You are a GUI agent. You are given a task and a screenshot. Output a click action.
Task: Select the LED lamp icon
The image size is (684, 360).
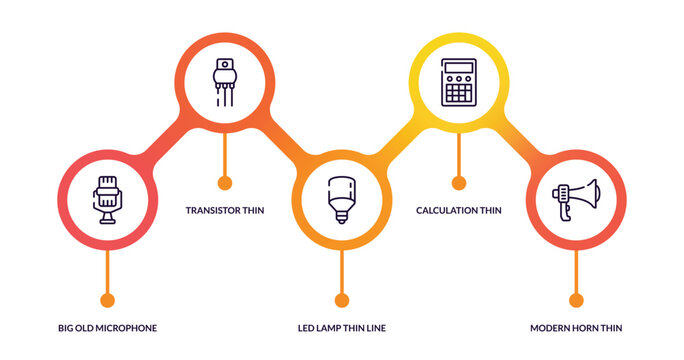pos(341,198)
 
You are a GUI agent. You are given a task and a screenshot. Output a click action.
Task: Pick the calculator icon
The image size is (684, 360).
pos(459,81)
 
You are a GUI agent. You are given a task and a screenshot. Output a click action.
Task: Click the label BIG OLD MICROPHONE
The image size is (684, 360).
pos(108,328)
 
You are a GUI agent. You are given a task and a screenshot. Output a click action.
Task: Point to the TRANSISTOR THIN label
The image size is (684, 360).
pos(225,211)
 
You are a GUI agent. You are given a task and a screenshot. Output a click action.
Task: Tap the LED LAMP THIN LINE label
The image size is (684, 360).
pos(342,328)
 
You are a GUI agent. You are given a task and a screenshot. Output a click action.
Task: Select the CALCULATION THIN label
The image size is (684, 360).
pos(459,211)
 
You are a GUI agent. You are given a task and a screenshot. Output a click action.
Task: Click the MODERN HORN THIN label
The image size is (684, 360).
pos(576,328)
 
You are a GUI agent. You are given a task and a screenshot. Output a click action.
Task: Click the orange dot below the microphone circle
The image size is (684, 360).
pos(108,300)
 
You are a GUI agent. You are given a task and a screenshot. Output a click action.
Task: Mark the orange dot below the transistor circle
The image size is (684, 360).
pos(225,183)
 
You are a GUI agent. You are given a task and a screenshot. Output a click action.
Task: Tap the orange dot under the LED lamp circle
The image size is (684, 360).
pos(342,300)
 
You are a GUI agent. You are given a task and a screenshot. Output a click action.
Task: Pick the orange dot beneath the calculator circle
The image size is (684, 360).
pos(459,183)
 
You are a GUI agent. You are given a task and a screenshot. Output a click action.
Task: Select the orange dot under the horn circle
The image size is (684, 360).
pos(576,300)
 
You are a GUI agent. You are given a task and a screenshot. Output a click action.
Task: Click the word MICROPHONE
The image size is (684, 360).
pos(128,328)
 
